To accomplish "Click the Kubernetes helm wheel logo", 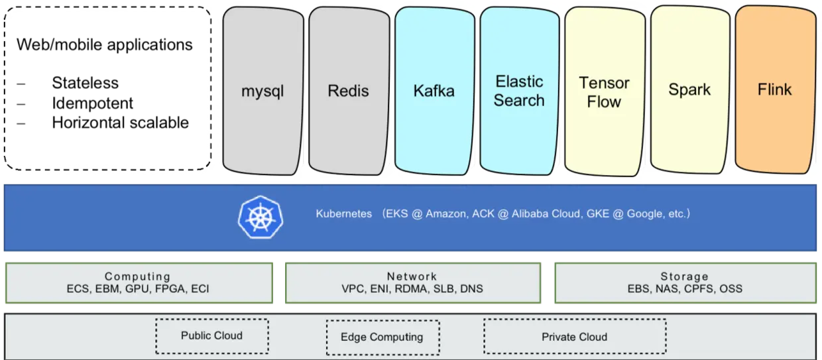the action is coord(260,217).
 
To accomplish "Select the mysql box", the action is coord(263,91).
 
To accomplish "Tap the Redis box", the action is coord(349,91).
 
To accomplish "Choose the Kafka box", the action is coord(434,91).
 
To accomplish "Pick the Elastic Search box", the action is coord(519,91).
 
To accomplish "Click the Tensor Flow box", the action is coord(605,91).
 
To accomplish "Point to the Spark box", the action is coord(690,90).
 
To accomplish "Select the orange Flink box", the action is coord(776,90).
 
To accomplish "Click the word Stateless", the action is coord(85,83).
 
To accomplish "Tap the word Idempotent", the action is coord(93,103).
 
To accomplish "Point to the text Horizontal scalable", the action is coord(121,123).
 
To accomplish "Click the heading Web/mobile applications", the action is coord(105,45).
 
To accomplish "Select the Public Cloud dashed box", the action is coord(212,335).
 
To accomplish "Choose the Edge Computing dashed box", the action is coord(382,337).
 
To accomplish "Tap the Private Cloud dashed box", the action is coord(575,337).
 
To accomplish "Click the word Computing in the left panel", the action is coord(138,276).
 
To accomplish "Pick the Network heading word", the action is coord(412,276).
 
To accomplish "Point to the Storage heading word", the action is coord(685,276).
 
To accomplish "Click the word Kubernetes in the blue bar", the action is coord(344,214).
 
